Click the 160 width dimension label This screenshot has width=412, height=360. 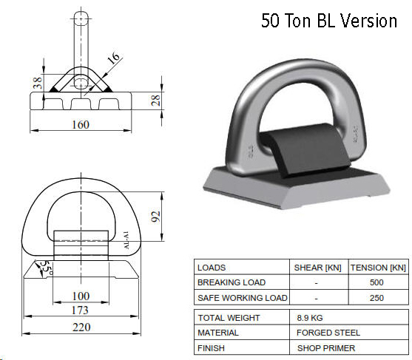(x=81, y=124)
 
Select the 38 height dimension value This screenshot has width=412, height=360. (x=38, y=83)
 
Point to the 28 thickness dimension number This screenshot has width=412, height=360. (x=155, y=101)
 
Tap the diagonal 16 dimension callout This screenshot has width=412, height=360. (x=114, y=58)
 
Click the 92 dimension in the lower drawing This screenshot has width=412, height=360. (x=155, y=217)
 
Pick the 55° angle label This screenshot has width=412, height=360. (x=47, y=268)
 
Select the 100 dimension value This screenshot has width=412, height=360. (x=81, y=296)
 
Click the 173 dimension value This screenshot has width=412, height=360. (x=80, y=310)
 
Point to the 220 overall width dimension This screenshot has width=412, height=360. (x=81, y=327)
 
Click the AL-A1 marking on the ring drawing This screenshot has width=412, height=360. (x=126, y=240)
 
